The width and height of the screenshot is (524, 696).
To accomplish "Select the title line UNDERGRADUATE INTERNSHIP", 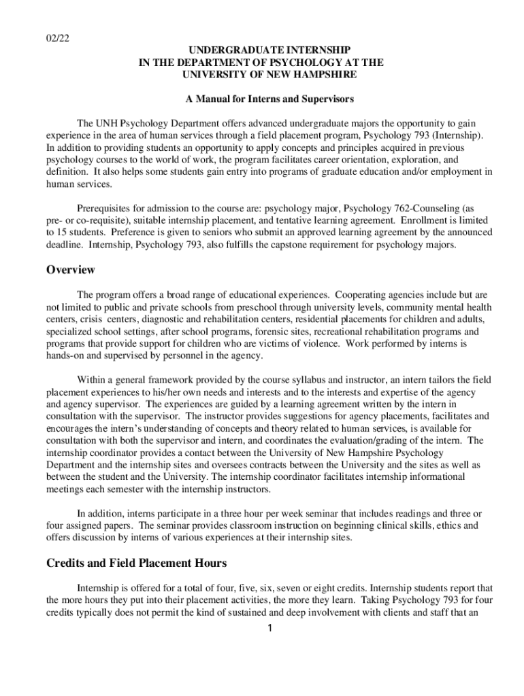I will [261, 50].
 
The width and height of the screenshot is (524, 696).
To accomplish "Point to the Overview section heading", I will [71, 270].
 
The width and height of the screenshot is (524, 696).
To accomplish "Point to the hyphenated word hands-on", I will [64, 356].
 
